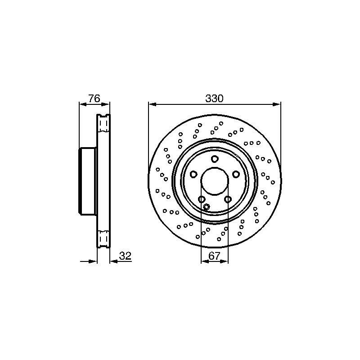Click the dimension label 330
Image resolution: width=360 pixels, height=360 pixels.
[214, 99]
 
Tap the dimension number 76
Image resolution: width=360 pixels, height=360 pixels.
[94, 99]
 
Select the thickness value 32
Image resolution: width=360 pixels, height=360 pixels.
[125, 256]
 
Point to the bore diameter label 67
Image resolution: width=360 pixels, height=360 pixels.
[215, 256]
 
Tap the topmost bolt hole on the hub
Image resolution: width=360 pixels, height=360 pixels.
[215, 159]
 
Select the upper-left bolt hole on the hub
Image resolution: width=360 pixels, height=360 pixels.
[194, 174]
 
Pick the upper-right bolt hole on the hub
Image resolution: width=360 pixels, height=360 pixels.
[235, 174]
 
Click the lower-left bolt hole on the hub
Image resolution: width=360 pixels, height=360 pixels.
[202, 199]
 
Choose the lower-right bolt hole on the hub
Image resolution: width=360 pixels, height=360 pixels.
[228, 199]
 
